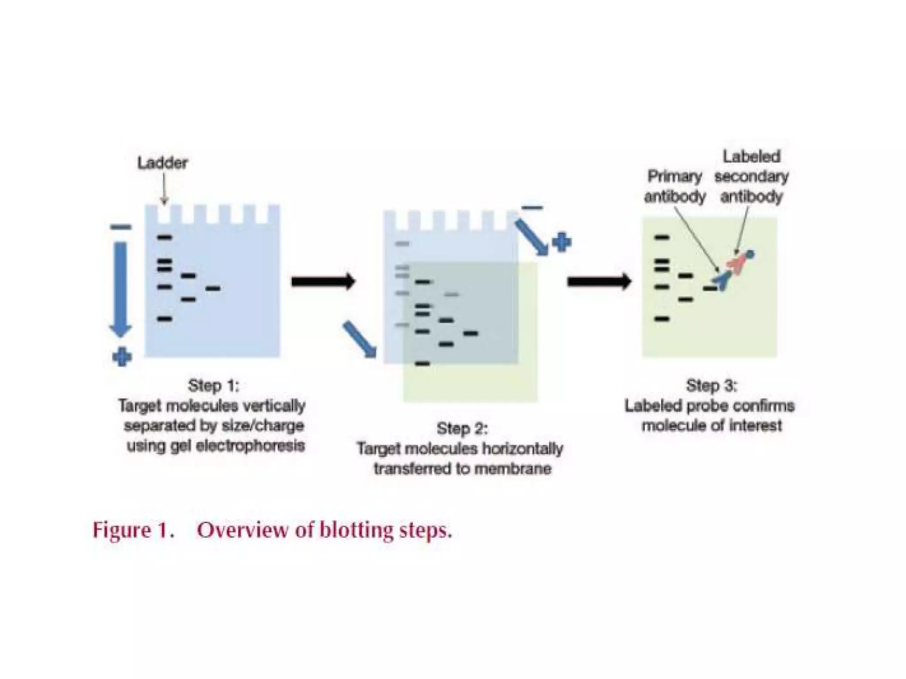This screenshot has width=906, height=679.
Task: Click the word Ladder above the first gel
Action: point(162,163)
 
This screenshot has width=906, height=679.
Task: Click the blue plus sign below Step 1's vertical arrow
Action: point(122,357)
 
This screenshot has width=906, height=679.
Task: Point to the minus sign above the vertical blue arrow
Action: point(121,227)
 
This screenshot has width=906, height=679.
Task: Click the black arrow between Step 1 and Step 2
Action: point(323,282)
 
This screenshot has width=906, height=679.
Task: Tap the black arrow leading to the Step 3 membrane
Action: point(599,282)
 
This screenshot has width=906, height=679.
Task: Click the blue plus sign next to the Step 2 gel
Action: point(561,242)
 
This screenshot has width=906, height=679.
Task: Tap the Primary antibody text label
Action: point(675,186)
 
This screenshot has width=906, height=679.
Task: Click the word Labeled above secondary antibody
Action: point(751,156)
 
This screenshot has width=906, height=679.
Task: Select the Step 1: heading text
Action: point(213,385)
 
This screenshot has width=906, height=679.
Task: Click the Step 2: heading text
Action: point(462,428)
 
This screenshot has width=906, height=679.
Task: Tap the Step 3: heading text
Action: point(711,385)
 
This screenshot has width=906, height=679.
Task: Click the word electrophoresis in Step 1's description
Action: point(250,446)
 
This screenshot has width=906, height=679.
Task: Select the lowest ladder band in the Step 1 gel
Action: point(165,319)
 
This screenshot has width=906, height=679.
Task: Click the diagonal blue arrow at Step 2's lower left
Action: point(359,339)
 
